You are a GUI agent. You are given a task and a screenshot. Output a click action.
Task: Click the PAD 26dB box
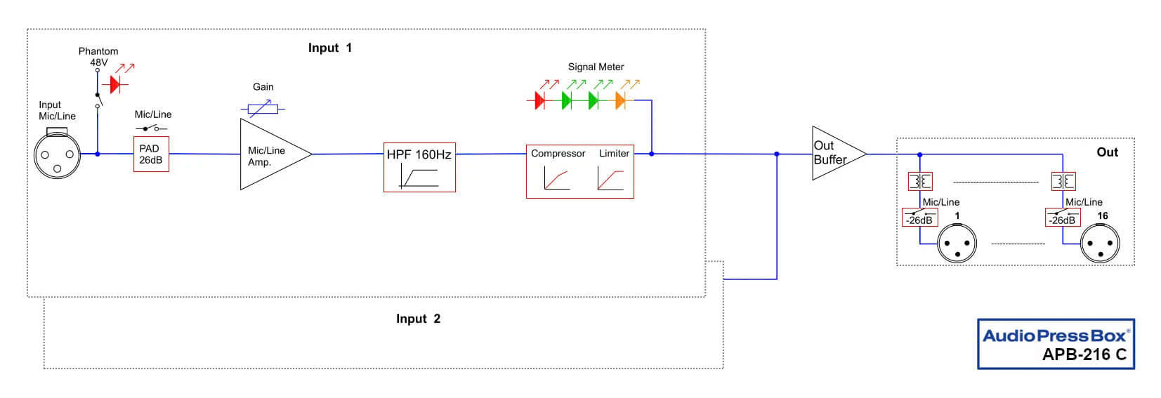[151, 154]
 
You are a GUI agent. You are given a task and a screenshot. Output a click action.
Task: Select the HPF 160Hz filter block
[419, 167]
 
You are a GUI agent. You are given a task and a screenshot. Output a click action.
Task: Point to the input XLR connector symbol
[58, 154]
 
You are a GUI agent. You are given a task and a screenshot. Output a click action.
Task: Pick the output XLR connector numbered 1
[957, 244]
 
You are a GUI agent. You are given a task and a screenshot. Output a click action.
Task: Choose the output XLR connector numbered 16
[1100, 244]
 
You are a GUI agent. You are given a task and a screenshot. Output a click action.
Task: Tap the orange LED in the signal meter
[620, 100]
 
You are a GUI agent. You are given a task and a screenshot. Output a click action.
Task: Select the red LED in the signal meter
[539, 100]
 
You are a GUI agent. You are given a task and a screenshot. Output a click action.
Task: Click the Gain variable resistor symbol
[263, 109]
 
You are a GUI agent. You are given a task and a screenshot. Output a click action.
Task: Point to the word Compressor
[558, 153]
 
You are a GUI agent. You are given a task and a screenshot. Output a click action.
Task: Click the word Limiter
[614, 153]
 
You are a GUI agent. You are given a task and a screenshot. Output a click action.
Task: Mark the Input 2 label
[418, 319]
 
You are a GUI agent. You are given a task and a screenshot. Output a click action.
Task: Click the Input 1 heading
[329, 48]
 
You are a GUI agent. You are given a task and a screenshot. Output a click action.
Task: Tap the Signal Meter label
[596, 67]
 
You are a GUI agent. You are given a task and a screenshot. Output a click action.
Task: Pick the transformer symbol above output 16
[1062, 182]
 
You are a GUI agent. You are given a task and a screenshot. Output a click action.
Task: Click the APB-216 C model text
[1084, 354]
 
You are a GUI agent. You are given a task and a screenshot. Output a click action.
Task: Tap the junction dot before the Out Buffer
[776, 154]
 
